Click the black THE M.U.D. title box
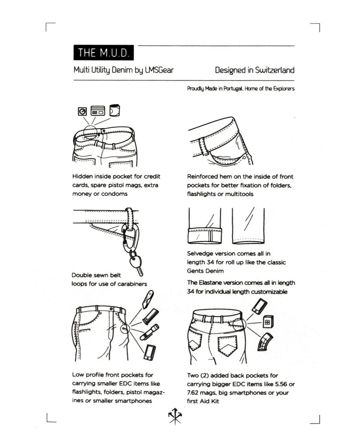click(x=103, y=53)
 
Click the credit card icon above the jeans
click(x=98, y=111)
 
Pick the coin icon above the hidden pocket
click(x=82, y=112)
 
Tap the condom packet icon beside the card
click(x=115, y=111)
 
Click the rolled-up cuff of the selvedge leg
click(x=205, y=236)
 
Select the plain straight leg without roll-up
click(x=248, y=226)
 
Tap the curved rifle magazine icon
click(x=265, y=342)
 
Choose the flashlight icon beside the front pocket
click(x=150, y=331)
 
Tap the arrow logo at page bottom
click(x=175, y=417)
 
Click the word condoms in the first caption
click(x=114, y=194)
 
